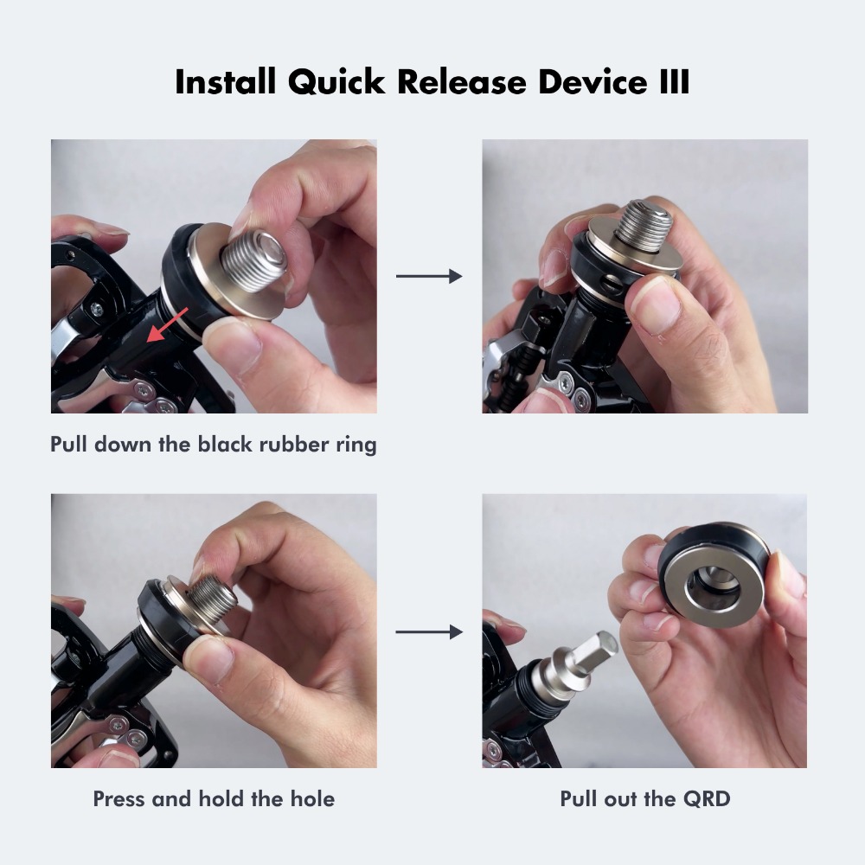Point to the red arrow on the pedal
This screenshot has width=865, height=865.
point(169,328)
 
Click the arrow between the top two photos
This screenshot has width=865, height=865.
point(429,277)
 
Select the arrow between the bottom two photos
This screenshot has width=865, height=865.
point(429,632)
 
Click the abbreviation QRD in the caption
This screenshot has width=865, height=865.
point(705,798)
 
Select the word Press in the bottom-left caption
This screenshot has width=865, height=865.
point(119,798)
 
